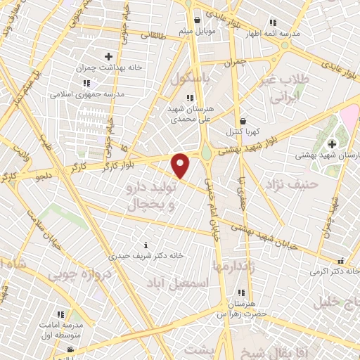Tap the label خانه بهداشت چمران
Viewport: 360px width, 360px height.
tap(108, 69)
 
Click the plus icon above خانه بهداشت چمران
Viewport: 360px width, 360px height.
tap(108, 56)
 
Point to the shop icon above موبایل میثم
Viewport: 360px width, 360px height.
tap(196, 20)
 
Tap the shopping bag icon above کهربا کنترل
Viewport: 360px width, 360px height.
tap(243, 121)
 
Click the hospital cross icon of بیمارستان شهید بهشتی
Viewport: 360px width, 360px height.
tap(332, 143)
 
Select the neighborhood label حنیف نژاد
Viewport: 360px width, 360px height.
tap(292, 184)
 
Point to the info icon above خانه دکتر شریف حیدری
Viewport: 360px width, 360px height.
tap(146, 245)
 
